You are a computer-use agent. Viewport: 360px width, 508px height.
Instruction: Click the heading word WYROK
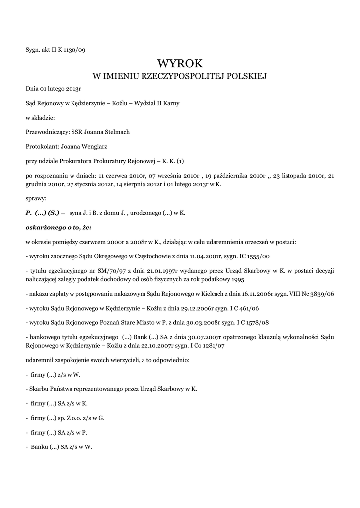180,63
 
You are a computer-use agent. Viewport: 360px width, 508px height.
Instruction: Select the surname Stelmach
118,131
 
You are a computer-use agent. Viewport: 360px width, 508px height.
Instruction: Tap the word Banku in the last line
39,446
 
